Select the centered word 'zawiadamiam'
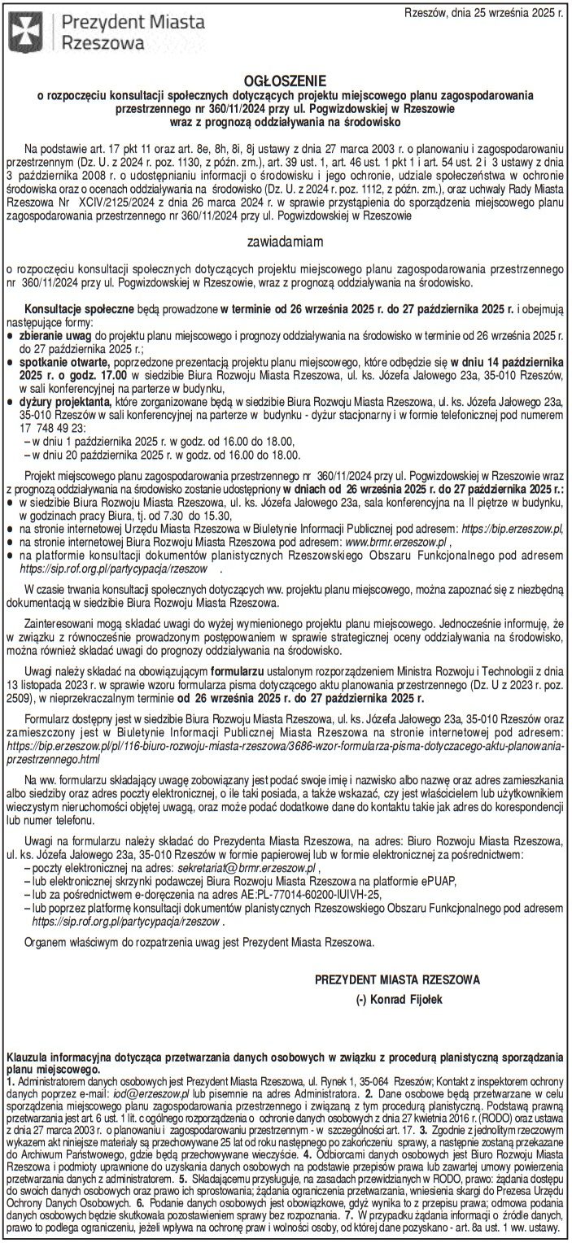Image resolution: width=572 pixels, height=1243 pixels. pyautogui.click(x=286, y=242)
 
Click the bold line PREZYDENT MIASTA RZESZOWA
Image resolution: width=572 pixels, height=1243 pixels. pyautogui.click(x=397, y=979)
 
